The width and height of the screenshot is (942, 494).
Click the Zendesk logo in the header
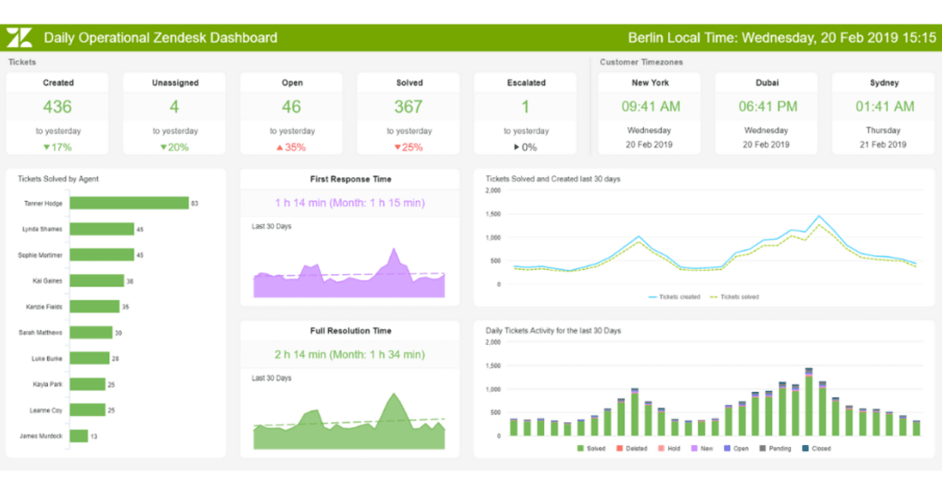point(19,38)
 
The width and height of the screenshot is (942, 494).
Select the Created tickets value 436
point(58,106)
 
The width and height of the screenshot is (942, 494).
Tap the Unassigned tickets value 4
point(174,106)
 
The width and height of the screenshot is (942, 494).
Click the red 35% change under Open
point(291,148)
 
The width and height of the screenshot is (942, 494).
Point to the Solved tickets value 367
point(408,106)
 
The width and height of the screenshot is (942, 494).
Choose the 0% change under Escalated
point(525,148)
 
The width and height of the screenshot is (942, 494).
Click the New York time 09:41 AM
point(651,106)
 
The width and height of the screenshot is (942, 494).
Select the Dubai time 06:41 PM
point(768,106)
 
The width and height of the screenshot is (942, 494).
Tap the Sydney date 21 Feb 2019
point(884,145)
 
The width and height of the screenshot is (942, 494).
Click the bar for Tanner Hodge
point(129,203)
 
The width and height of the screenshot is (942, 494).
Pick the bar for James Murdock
point(78,436)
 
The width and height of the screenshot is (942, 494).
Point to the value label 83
point(195,203)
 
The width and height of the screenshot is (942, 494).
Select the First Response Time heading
point(350,179)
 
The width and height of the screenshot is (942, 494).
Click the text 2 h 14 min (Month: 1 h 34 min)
point(350,354)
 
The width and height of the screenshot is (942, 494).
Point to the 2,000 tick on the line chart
point(493,190)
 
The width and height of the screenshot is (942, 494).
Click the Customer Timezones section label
point(642,62)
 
